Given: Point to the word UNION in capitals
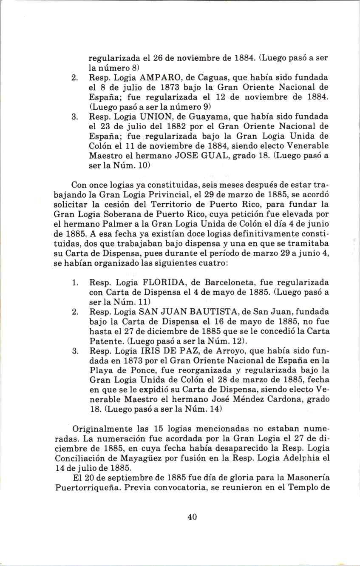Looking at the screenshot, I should click(141, 116).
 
